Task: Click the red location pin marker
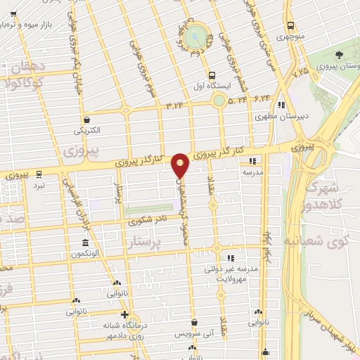click(x=181, y=165)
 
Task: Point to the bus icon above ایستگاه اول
click(x=212, y=75)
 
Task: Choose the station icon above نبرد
click(x=39, y=174)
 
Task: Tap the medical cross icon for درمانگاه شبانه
click(x=125, y=314)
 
